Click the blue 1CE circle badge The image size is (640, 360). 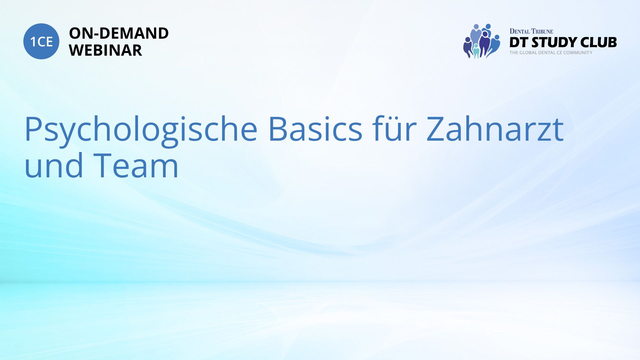click(41, 41)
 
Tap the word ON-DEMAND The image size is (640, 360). click(119, 33)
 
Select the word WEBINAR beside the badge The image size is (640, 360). click(105, 50)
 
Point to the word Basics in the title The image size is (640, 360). click(315, 129)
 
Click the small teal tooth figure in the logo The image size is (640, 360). click(476, 51)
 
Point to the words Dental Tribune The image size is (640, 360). click(531, 31)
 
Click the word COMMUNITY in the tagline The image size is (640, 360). click(578, 53)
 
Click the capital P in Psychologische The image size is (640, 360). click(34, 129)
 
